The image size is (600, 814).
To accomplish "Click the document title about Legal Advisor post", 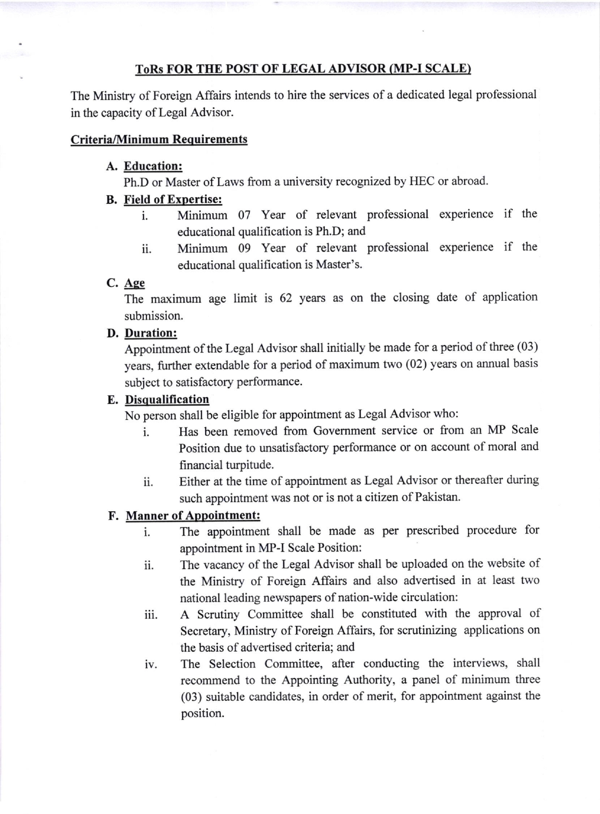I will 303,69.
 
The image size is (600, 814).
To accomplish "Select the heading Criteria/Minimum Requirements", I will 159,139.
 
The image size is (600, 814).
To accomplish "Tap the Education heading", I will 153,166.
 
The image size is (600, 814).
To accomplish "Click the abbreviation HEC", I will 422,181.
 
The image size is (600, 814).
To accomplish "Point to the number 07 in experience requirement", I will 244,214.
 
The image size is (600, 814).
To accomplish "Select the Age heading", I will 134,283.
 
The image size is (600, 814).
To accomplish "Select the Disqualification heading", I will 167,400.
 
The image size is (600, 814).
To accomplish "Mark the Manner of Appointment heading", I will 193,515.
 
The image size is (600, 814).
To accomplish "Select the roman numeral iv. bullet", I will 150,665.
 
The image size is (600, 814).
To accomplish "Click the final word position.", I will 202,713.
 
